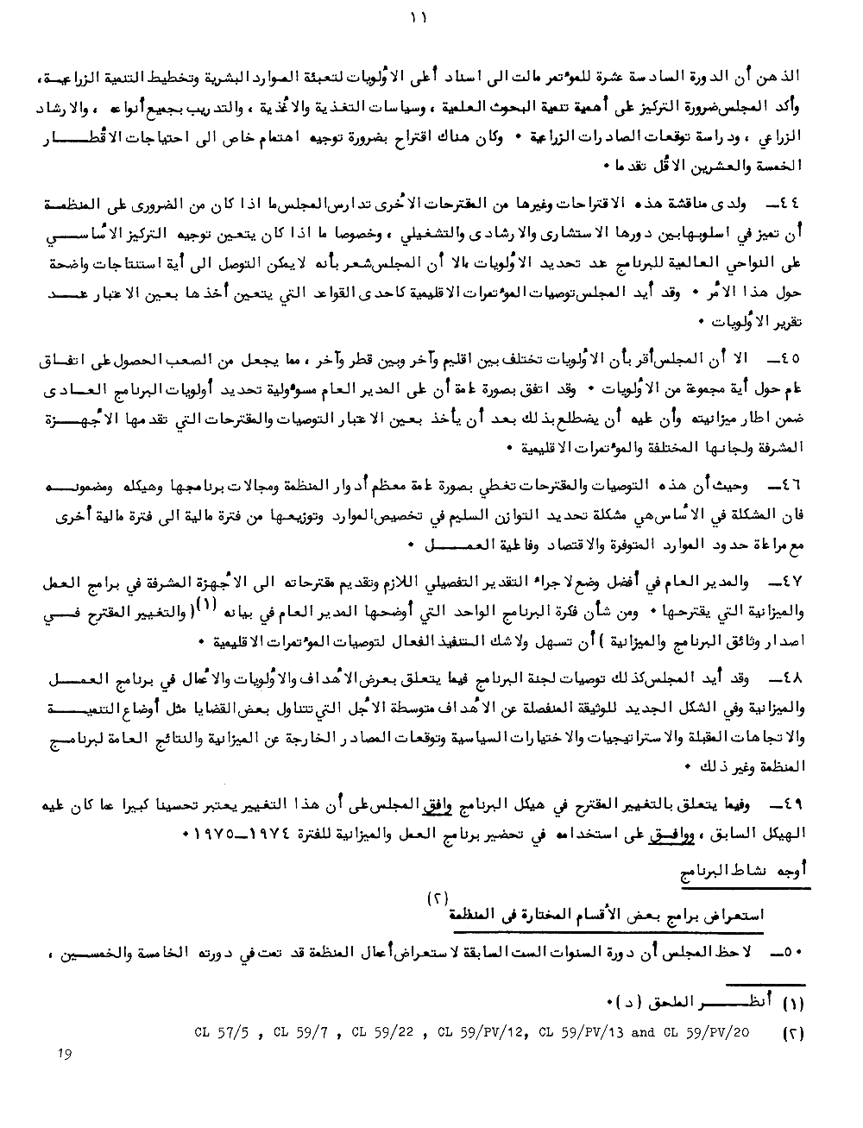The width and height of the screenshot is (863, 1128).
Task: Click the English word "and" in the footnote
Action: click(x=645, y=1030)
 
